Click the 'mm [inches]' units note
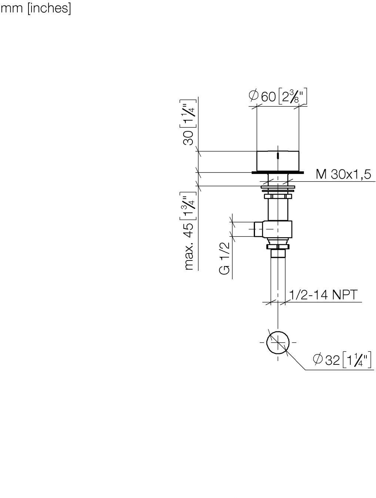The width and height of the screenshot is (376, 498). [x=36, y=9]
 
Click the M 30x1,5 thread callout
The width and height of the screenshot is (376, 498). [x=343, y=174]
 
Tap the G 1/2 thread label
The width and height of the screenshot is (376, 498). [x=224, y=258]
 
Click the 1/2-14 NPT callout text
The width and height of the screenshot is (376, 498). [x=323, y=295]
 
